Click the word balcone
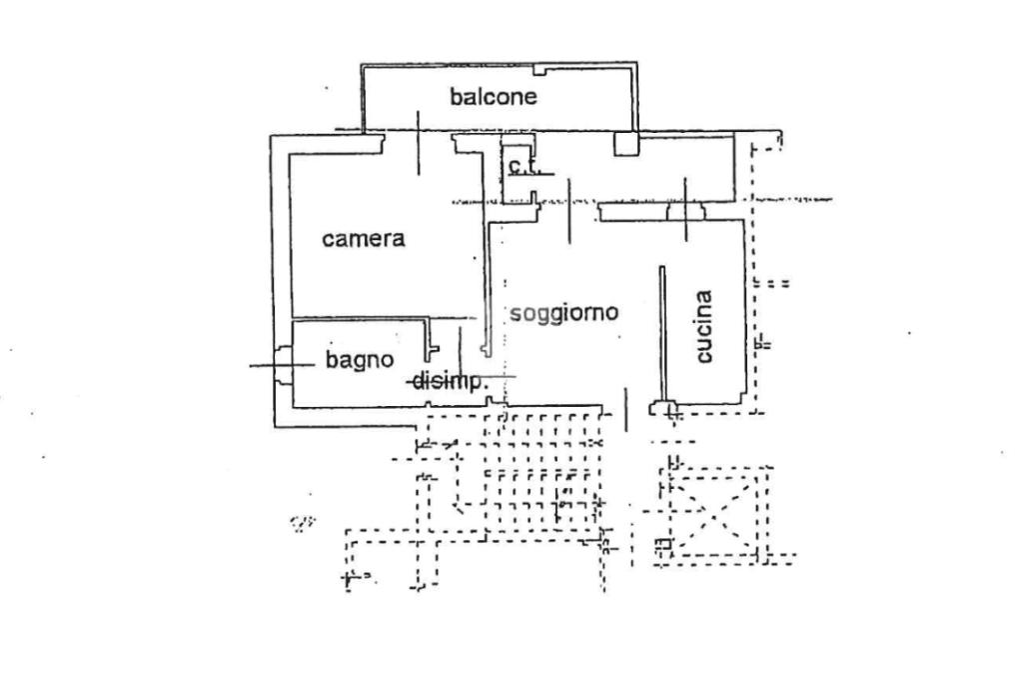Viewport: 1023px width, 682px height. click(x=494, y=97)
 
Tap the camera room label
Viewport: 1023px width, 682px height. click(x=363, y=239)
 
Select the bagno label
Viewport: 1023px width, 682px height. click(x=360, y=360)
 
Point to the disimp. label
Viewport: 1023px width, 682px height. click(x=450, y=380)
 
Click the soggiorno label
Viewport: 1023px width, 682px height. click(x=563, y=313)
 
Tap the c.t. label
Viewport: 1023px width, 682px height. click(x=522, y=166)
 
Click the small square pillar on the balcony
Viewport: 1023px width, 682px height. click(x=626, y=144)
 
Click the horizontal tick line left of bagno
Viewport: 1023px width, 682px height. click(x=268, y=366)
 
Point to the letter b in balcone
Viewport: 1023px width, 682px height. click(x=456, y=97)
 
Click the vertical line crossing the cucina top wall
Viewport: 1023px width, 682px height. click(x=685, y=210)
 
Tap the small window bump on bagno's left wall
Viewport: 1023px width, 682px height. click(x=283, y=365)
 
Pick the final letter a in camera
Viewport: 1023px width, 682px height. click(x=399, y=240)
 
